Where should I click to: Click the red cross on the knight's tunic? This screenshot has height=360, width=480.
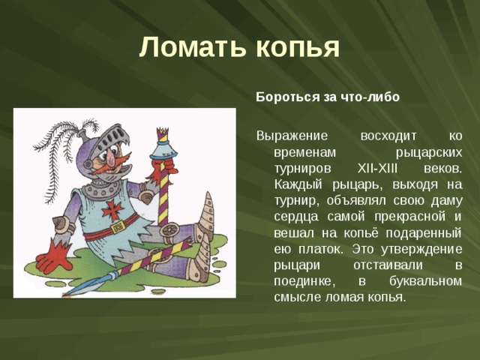point(112,208)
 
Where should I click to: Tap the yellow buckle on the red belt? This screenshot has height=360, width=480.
point(116,227)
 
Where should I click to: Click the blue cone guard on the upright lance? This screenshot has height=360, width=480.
point(163,143)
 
